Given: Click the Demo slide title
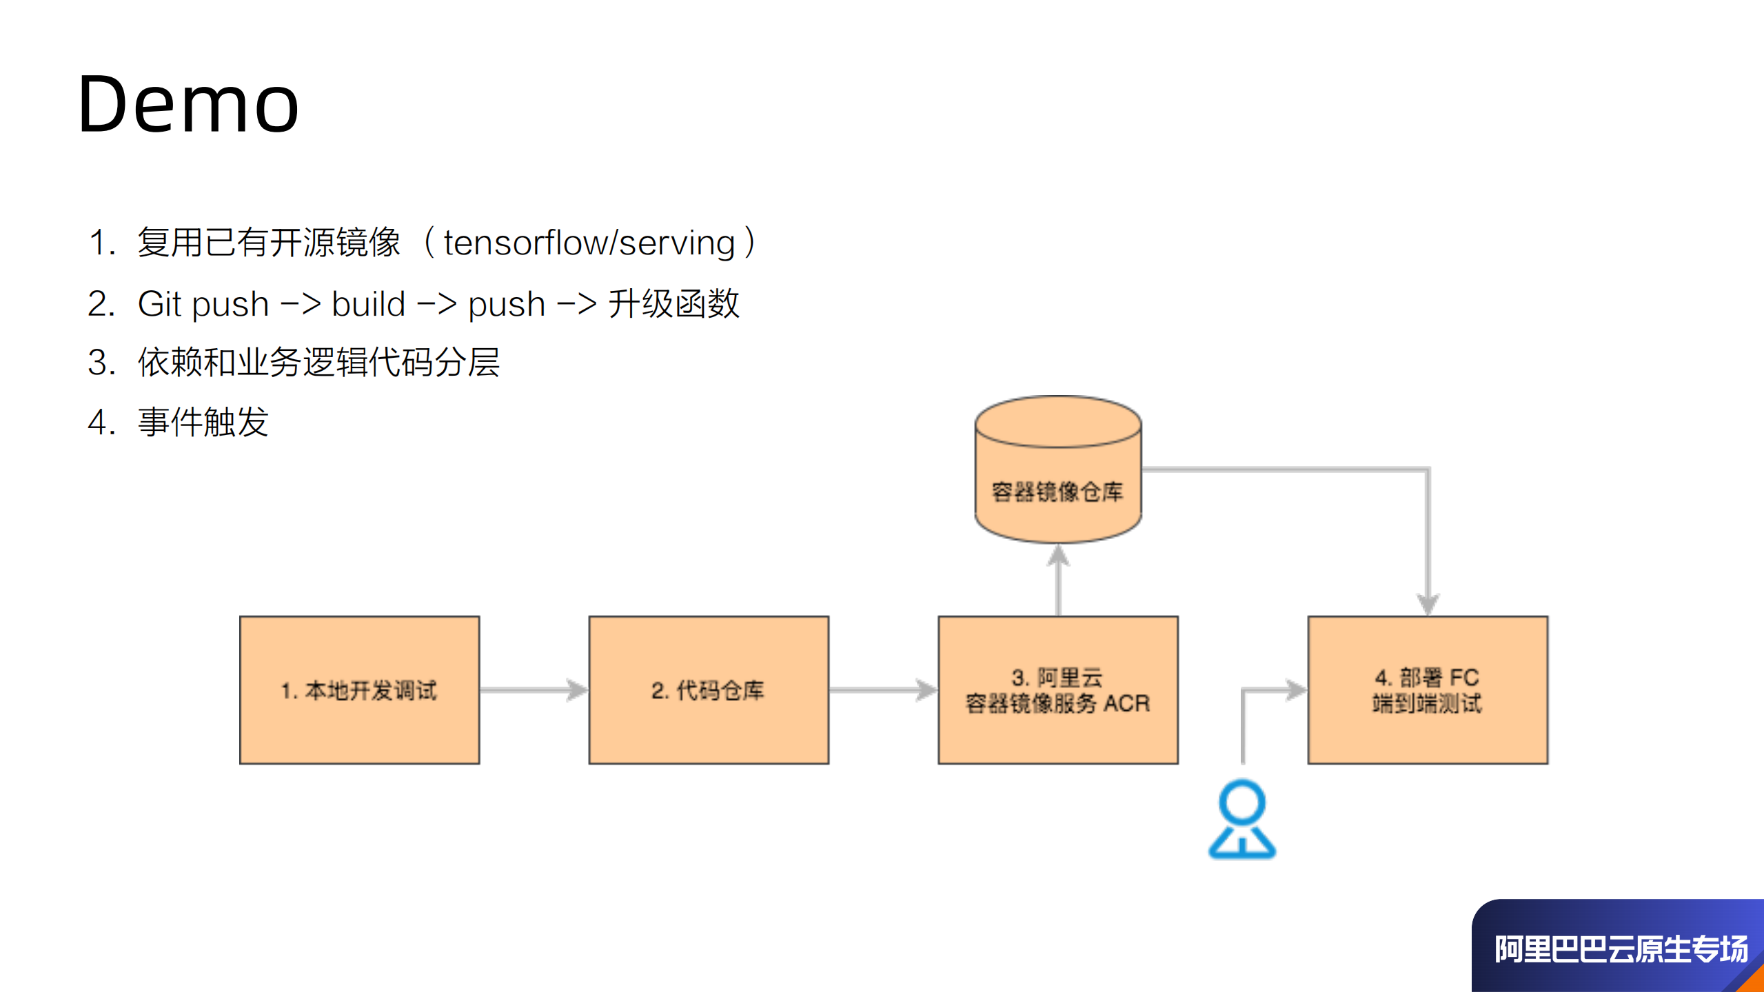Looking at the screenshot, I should click(188, 105).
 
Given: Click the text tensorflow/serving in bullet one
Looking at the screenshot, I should click(589, 243).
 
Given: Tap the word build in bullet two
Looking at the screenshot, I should click(368, 304).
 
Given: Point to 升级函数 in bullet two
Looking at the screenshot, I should click(673, 304).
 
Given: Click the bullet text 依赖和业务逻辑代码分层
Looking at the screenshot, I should click(318, 363).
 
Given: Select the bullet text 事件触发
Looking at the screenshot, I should click(203, 422).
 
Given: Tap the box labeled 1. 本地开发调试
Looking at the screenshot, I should click(359, 690).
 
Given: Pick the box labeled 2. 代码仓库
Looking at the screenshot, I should click(709, 690).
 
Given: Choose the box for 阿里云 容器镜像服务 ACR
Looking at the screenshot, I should click(1057, 690).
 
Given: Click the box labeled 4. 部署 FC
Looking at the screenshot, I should click(1428, 690).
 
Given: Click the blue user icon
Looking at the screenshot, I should click(1242, 819).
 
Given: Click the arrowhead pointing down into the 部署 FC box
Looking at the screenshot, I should click(1428, 604).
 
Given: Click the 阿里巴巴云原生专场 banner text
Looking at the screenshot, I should click(1621, 949).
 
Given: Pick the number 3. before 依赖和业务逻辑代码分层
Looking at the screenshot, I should click(101, 363).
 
